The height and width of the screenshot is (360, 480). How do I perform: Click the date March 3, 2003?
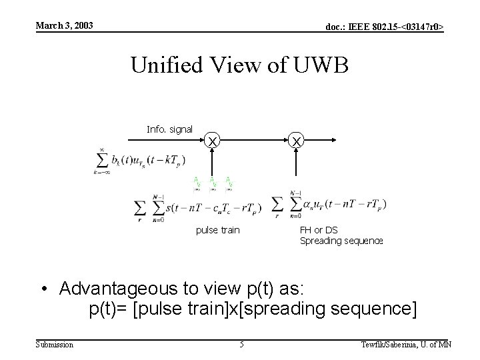pos(64,26)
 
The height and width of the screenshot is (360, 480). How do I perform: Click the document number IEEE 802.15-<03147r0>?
pos(385,27)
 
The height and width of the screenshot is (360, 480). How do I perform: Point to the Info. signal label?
pos(169,129)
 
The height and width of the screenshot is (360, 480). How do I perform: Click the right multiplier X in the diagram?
pos(297,141)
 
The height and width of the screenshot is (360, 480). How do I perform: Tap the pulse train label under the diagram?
pos(217,230)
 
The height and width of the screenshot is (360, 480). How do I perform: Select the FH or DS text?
pos(319,230)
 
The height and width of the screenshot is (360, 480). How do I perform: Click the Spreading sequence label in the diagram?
pos(341,241)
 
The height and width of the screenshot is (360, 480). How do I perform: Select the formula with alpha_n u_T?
pos(329,204)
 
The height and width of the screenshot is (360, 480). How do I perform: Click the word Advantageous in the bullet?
pos(113,289)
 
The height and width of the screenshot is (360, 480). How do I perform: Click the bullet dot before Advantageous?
pos(44,289)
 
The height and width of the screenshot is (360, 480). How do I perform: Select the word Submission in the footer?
pos(55,344)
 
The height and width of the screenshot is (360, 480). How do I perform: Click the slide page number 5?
pos(241,344)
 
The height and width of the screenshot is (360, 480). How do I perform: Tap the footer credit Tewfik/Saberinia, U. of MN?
pos(406,344)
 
